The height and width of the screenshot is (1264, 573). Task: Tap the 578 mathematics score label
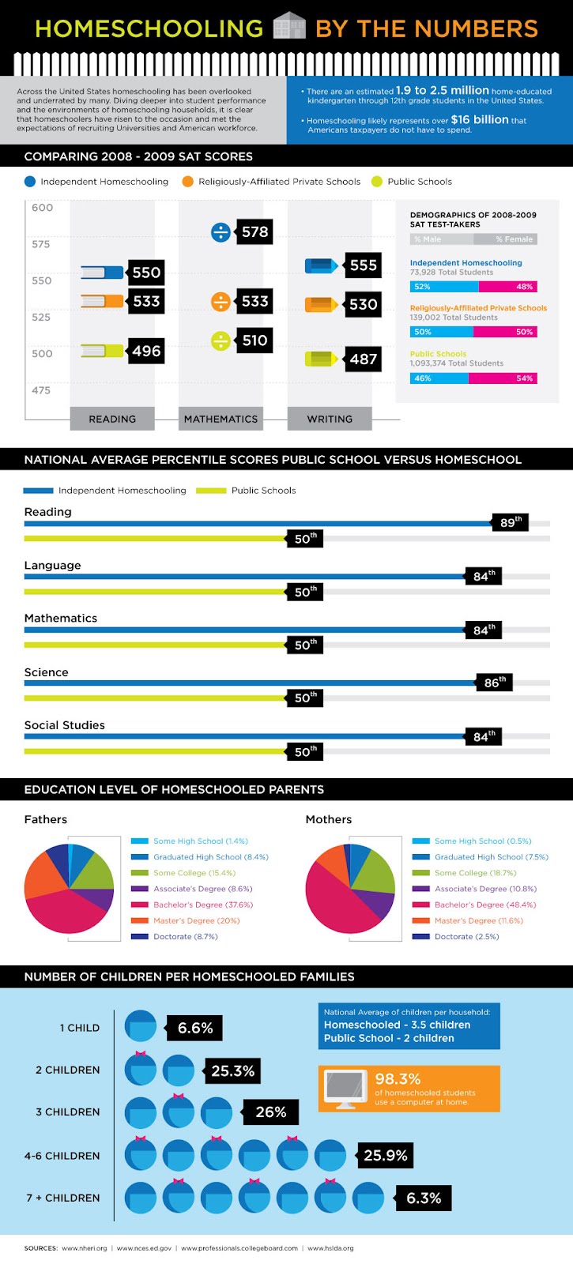click(x=254, y=231)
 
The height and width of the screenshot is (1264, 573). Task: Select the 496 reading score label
click(x=146, y=351)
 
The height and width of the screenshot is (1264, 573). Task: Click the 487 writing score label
click(x=363, y=359)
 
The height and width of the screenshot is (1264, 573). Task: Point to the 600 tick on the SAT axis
click(x=42, y=208)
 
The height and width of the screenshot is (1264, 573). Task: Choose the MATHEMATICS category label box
click(x=221, y=419)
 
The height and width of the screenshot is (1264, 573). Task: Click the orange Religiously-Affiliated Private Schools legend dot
click(x=187, y=182)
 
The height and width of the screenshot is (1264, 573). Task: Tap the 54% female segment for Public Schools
click(x=503, y=378)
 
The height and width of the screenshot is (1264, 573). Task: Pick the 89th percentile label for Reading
click(x=510, y=522)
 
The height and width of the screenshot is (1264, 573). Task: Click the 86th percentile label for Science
click(x=495, y=683)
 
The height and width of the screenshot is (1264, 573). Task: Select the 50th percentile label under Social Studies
click(x=305, y=751)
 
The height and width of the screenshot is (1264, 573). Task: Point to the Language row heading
click(x=52, y=566)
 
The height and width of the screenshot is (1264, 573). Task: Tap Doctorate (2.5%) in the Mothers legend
click(x=466, y=936)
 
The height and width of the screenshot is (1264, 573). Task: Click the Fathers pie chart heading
click(x=46, y=819)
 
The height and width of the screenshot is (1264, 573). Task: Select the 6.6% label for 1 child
click(x=194, y=1028)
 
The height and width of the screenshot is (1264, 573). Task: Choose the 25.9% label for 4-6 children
click(x=385, y=1156)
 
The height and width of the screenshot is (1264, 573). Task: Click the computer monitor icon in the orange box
click(x=346, y=1088)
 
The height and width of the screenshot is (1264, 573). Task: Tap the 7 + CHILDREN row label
click(x=63, y=1198)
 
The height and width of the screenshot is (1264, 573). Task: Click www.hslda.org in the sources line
click(x=330, y=1248)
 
